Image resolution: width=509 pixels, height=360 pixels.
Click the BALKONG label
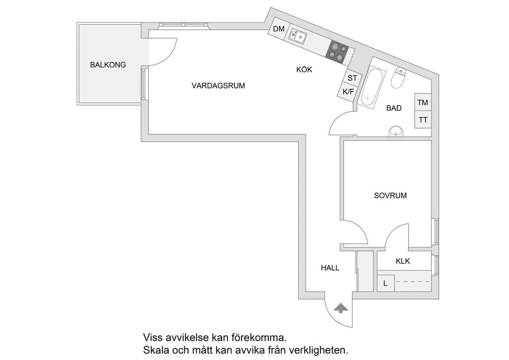point(108,65)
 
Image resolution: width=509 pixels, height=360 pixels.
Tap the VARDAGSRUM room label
point(218,86)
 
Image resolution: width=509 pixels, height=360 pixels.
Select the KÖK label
point(304,70)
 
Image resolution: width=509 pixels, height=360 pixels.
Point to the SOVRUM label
point(390,196)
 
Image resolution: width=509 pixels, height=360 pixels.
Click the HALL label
point(330,268)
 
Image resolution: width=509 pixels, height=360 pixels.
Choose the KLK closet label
point(402,261)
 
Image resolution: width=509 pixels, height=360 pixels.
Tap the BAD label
point(394,108)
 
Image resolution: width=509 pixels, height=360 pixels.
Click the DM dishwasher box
point(278,29)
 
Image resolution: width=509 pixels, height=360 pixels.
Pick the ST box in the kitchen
point(352,78)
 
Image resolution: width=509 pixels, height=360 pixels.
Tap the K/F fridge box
point(349,91)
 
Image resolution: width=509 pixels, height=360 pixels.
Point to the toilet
point(399,78)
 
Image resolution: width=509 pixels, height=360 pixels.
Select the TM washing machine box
point(422,103)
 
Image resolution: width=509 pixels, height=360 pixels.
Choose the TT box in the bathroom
point(423,120)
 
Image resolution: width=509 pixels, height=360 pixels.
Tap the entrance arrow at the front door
point(340,308)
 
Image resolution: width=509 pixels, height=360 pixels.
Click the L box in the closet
point(385,283)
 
